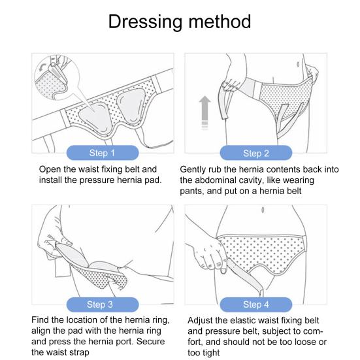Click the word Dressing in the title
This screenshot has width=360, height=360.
[x=145, y=22]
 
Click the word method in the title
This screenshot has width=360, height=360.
[x=220, y=22]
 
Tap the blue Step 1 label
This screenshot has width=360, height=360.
[x=103, y=153]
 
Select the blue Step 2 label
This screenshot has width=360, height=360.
[x=256, y=153]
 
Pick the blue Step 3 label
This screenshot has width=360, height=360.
[x=103, y=304]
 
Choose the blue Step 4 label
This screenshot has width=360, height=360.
[x=256, y=304]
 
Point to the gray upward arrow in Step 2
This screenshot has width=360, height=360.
[x=205, y=112]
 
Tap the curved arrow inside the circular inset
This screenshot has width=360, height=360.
[x=42, y=67]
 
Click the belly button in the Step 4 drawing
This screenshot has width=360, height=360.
[x=263, y=210]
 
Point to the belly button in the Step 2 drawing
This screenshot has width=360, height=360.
[x=298, y=64]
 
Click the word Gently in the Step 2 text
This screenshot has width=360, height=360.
[x=193, y=170]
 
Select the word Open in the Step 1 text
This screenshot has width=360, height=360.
[x=50, y=170]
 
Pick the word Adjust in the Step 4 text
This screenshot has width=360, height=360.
[x=201, y=321]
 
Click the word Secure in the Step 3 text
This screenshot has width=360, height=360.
[x=151, y=342]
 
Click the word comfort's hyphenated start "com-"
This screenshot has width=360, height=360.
[x=313, y=331]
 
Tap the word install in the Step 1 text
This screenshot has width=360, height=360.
[x=50, y=180]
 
